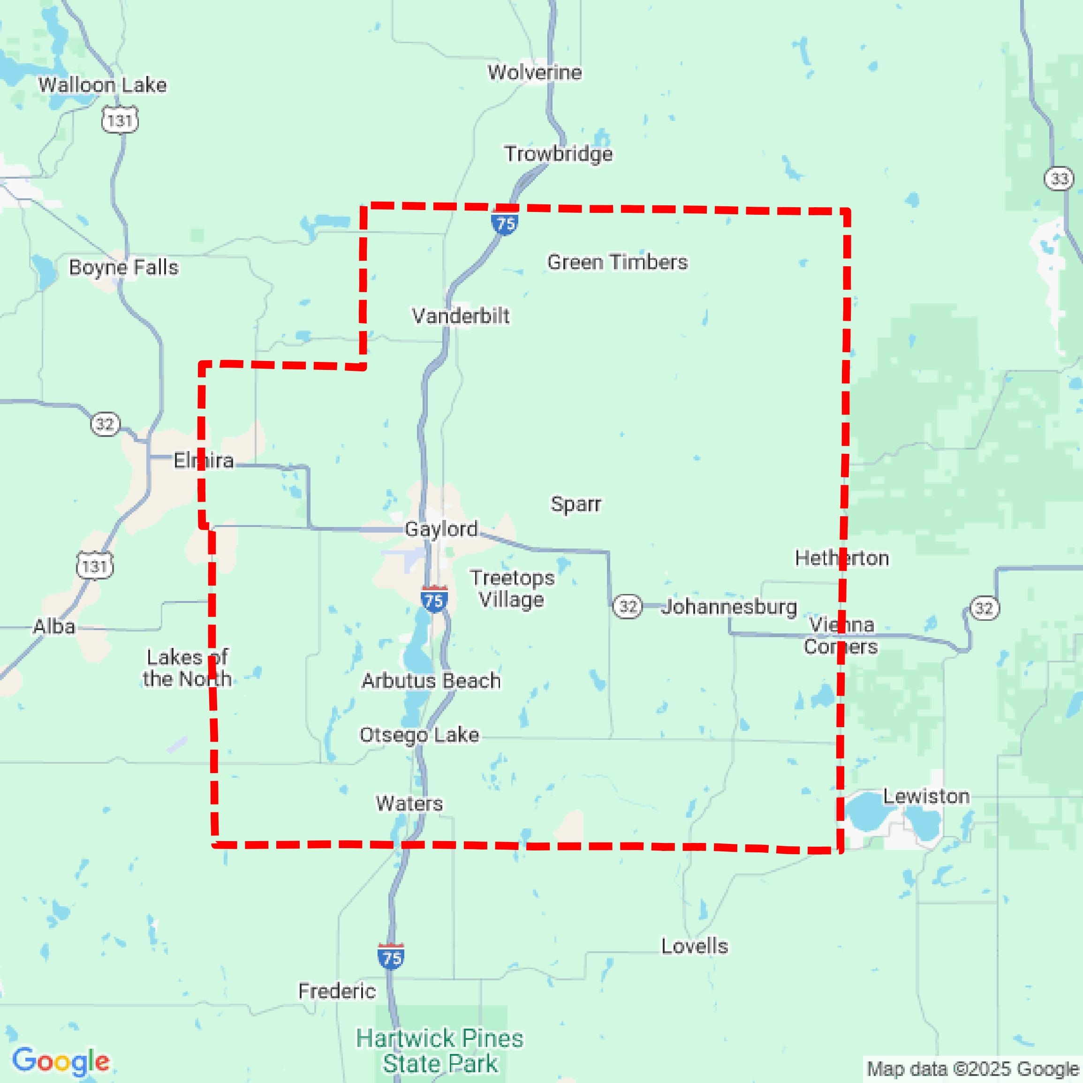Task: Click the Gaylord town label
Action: coord(441,529)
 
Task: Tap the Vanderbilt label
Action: coord(461,316)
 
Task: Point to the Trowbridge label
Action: coord(558,154)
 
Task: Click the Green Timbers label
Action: coord(617,262)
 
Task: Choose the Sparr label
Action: coord(576,504)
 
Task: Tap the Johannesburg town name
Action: coord(729,607)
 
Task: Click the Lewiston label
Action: coord(926,796)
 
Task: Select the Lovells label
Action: coord(694,946)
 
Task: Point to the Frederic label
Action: coord(336,991)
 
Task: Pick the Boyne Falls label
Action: coord(123,267)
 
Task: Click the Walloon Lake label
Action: coord(102,85)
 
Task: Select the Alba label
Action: coord(54,626)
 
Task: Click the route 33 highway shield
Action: coord(1059,179)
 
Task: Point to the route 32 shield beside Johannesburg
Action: coord(627,607)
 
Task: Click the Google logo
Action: coord(61,1061)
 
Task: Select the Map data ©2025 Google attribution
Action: coord(974,1068)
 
